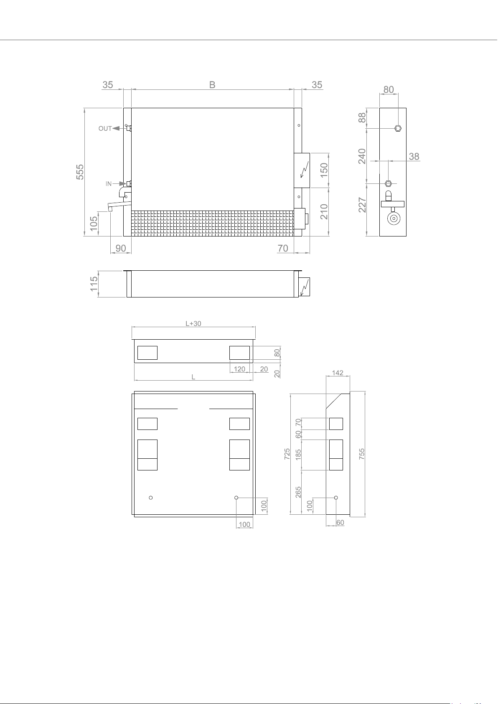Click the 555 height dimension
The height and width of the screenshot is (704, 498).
pos(80,172)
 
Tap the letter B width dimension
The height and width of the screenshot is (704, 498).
pos(212,85)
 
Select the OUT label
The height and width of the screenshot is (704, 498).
pos(105,129)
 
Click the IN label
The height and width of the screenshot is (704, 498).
pos(108,183)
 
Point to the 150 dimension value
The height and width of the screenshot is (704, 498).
pos(324,170)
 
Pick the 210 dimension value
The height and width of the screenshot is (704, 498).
pos(324,211)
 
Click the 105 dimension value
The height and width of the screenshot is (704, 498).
pos(94,224)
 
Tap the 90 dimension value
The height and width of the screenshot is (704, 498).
pos(121,248)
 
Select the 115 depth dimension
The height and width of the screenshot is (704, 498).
pos(94,284)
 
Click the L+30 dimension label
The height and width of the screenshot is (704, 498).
pos(193,323)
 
